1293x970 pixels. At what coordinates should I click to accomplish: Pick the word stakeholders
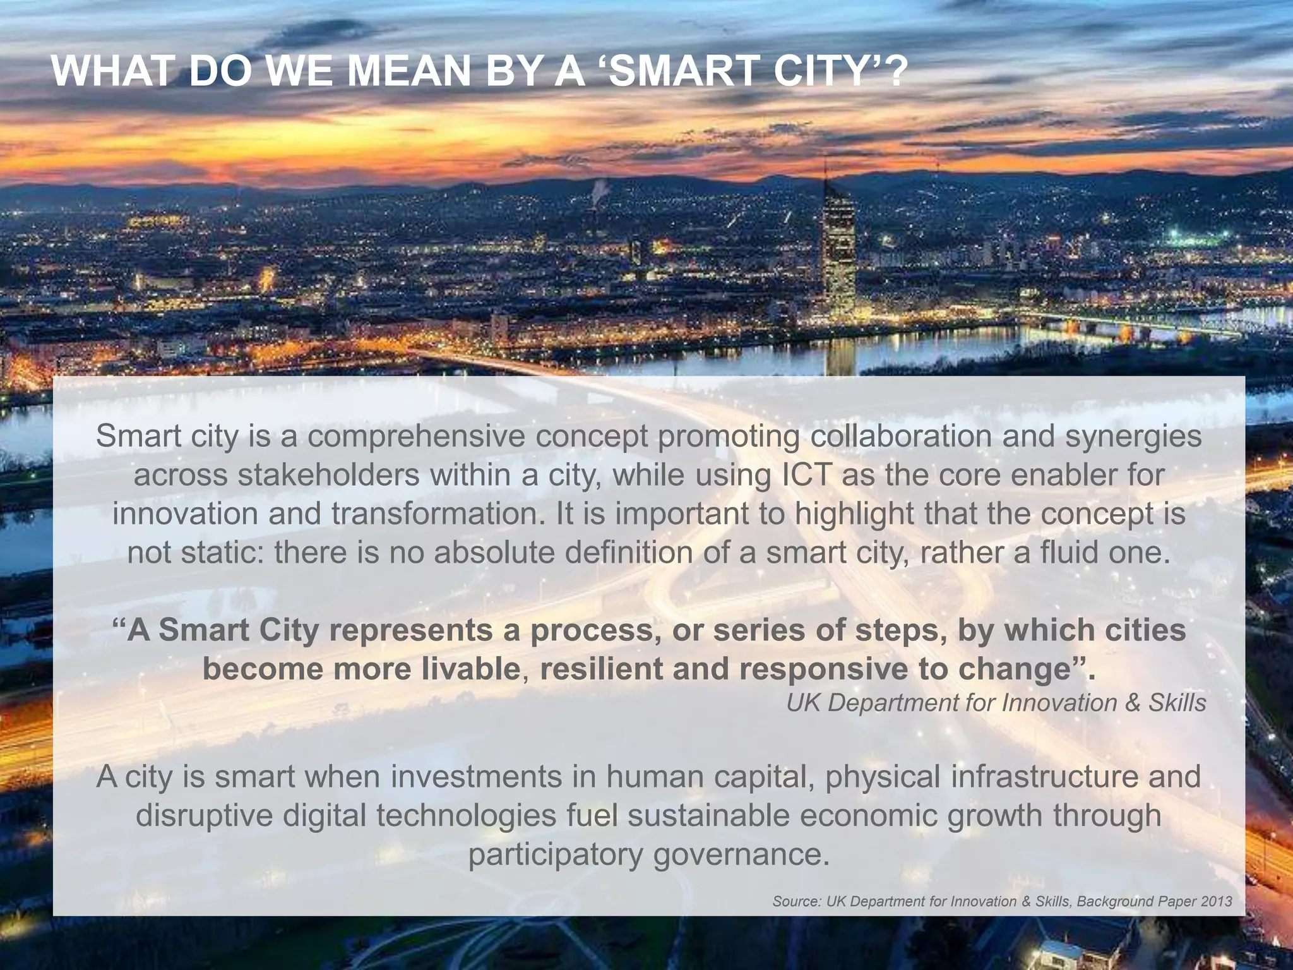(329, 475)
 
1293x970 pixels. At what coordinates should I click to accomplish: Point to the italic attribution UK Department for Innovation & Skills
(996, 703)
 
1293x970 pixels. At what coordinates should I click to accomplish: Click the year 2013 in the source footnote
(1217, 901)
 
